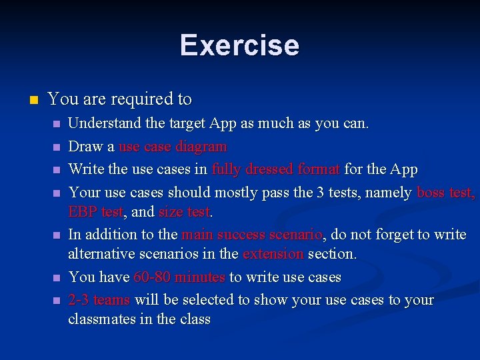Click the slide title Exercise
pyautogui.click(x=239, y=45)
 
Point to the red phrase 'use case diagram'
pyautogui.click(x=173, y=147)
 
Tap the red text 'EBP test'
pyautogui.click(x=95, y=212)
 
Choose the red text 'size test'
pyautogui.click(x=185, y=212)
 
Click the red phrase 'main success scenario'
pyautogui.click(x=252, y=235)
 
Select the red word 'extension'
pyautogui.click(x=273, y=254)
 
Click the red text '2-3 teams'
pyautogui.click(x=99, y=300)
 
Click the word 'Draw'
pyautogui.click(x=83, y=147)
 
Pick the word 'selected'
pyautogui.click(x=189, y=300)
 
